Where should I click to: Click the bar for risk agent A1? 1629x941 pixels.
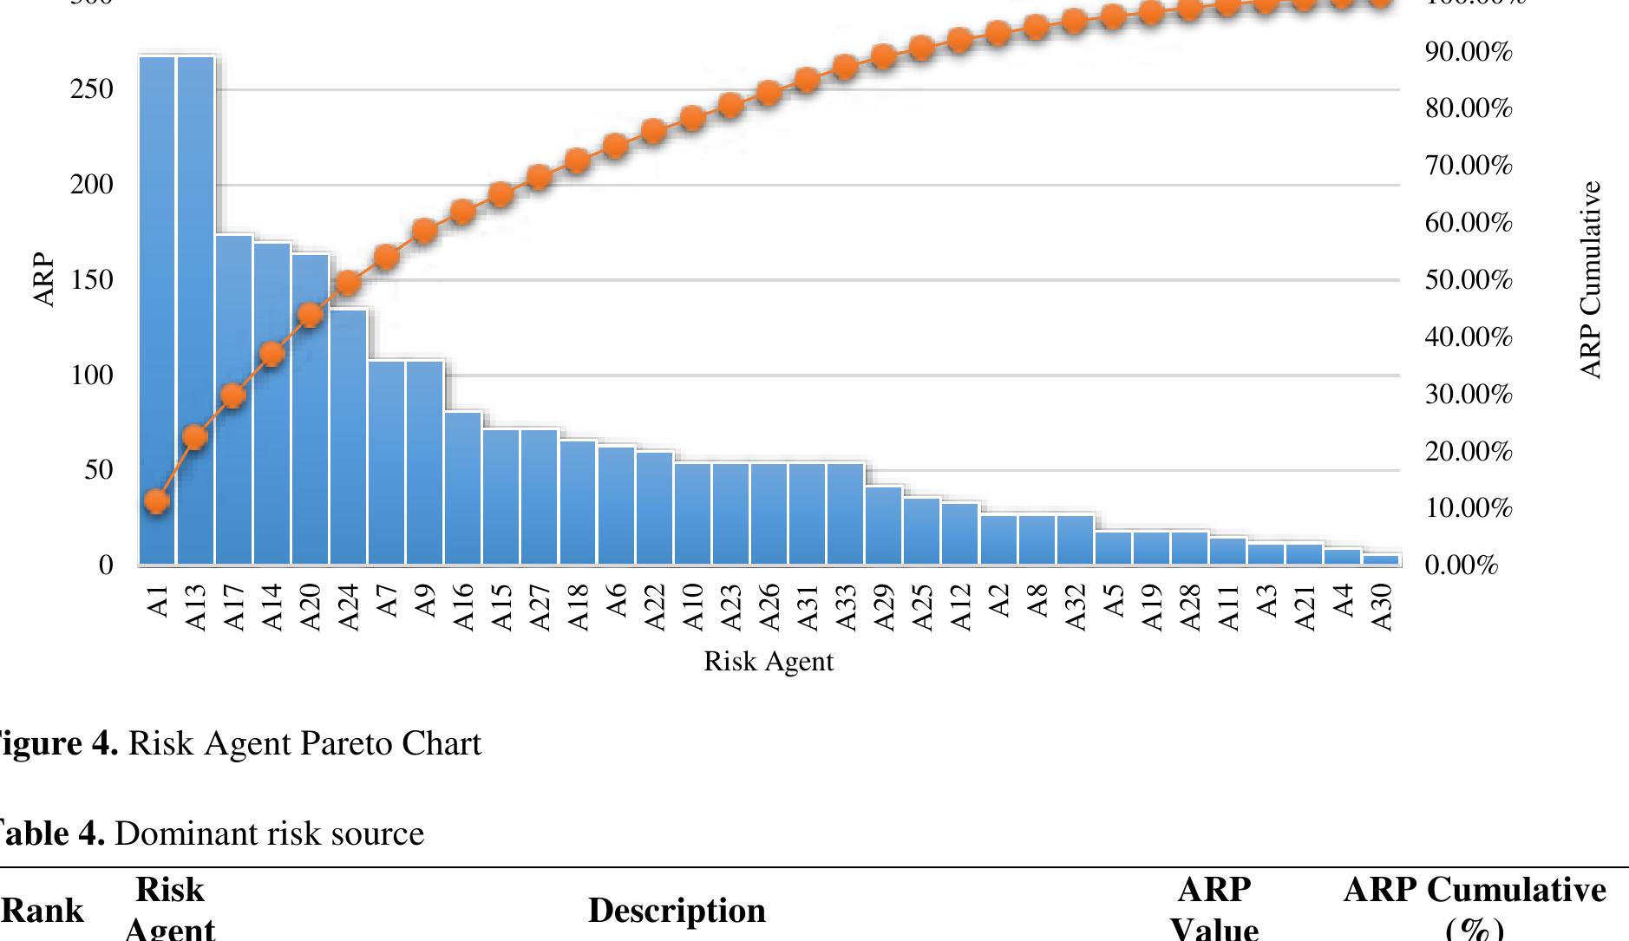point(157,312)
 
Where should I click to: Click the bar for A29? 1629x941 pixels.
point(884,526)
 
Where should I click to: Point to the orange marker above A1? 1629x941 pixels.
point(157,501)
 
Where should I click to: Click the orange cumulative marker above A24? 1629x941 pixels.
point(348,283)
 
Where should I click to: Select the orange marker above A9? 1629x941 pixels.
point(424,231)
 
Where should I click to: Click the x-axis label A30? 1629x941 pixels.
point(1382,605)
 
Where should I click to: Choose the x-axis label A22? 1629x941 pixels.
point(655,605)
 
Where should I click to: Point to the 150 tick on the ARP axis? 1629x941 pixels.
point(92,280)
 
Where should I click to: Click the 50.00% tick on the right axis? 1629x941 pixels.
point(1468,280)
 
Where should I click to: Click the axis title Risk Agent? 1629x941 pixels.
point(768,662)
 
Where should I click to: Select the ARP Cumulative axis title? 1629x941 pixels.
point(1590,279)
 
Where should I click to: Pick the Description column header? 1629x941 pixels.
point(677,911)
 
